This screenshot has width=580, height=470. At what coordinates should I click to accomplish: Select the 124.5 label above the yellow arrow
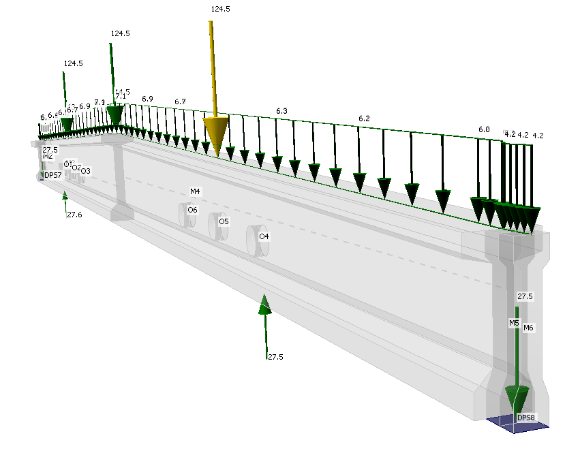[x=221, y=9]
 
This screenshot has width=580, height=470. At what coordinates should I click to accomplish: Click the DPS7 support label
[x=52, y=175]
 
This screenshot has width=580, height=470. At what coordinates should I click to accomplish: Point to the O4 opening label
[x=264, y=236]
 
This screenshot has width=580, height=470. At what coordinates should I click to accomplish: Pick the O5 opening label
[x=224, y=221]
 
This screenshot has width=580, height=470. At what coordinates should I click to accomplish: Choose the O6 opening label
[x=192, y=210]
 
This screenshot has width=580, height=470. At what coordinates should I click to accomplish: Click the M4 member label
[x=195, y=192]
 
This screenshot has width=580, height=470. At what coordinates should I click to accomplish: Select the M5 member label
[x=514, y=323]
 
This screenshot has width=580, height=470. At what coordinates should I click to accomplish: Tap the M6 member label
[x=528, y=328]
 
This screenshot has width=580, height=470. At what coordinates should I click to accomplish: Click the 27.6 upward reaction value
[x=74, y=215]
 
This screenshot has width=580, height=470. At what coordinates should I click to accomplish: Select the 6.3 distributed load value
[x=281, y=110]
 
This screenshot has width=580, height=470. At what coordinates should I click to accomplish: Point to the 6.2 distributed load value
[x=364, y=119]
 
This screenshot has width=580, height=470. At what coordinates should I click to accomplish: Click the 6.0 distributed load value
[x=484, y=129]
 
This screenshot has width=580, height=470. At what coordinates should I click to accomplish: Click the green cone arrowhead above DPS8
[x=517, y=396]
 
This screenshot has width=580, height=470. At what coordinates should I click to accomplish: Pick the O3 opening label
[x=85, y=170]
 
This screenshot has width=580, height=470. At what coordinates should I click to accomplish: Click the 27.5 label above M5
[x=525, y=296]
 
